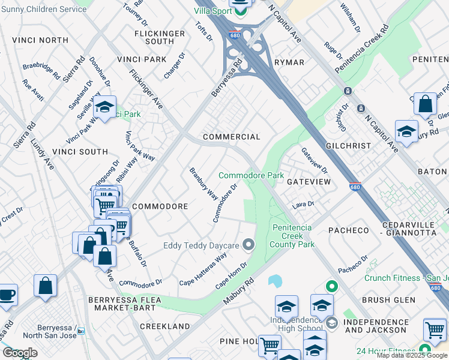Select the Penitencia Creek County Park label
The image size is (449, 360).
pos(293,236)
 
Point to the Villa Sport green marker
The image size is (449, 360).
pos(241,10)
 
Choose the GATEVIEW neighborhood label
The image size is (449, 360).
pos(309,181)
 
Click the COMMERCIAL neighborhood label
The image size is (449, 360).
pos(231,137)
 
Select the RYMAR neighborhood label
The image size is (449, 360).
pos(289,62)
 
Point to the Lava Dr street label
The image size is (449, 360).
pos(303,205)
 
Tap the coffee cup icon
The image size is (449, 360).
pos(7,295)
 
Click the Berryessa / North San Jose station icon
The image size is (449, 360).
pos(81,331)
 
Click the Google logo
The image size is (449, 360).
pos(20,353)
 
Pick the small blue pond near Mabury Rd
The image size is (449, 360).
pos(275,281)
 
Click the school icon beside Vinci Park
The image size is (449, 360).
pos(105,107)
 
